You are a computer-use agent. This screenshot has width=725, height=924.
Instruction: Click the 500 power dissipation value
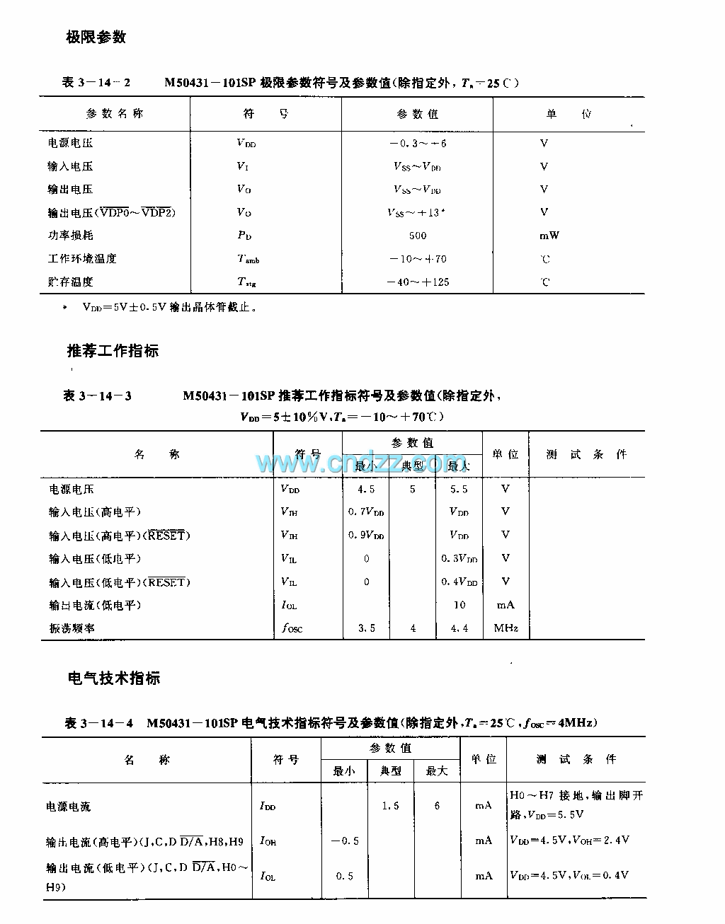point(418,236)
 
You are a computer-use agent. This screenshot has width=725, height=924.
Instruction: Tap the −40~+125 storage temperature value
point(418,282)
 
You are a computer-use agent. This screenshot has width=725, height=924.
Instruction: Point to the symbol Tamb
point(248,259)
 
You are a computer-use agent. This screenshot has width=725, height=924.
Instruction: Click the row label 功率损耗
point(71,235)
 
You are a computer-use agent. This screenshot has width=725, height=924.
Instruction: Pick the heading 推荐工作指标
point(113,350)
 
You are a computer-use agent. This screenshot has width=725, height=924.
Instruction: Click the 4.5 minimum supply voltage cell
point(366,489)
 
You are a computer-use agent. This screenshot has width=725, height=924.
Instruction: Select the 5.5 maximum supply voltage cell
point(459,489)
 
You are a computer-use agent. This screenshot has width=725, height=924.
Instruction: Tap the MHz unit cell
point(506,628)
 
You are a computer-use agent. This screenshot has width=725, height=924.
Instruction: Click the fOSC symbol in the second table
point(291,628)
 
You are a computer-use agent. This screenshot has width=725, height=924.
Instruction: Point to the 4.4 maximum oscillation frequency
point(459,628)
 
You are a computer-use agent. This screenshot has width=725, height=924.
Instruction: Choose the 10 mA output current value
point(459,605)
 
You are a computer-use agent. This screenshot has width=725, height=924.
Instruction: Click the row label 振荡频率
point(72,628)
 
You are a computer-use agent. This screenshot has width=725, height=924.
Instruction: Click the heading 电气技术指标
point(113,678)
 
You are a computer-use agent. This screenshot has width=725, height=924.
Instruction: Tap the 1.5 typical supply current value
point(390,806)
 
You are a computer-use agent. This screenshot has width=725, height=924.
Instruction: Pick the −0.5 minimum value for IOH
point(345,841)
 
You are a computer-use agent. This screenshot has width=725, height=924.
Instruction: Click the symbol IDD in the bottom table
point(268,806)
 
